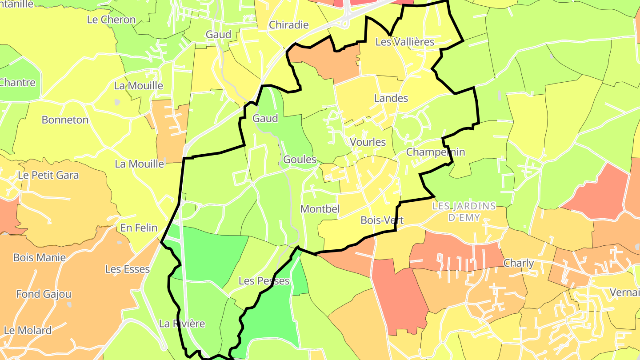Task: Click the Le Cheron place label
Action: pyautogui.click(x=111, y=20)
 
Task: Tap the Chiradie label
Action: pyautogui.click(x=289, y=25)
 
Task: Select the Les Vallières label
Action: pyautogui.click(x=404, y=42)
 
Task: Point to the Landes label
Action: pyautogui.click(x=391, y=98)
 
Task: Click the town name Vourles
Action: pyautogui.click(x=368, y=142)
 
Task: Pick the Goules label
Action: pyautogui.click(x=300, y=160)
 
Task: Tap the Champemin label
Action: pyautogui.click(x=436, y=152)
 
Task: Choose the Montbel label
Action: pyautogui.click(x=320, y=209)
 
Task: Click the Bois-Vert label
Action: pyautogui.click(x=382, y=220)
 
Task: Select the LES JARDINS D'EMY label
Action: pyautogui.click(x=464, y=212)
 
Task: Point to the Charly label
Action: pyautogui.click(x=518, y=263)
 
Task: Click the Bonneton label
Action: pyautogui.click(x=65, y=120)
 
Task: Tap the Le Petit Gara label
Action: pyautogui.click(x=48, y=175)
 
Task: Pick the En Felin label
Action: pyautogui.click(x=139, y=228)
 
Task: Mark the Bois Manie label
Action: pyautogui.click(x=40, y=257)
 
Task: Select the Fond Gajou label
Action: pyautogui.click(x=44, y=294)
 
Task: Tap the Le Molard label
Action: pyautogui.click(x=28, y=330)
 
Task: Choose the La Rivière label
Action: pyautogui.click(x=182, y=324)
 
